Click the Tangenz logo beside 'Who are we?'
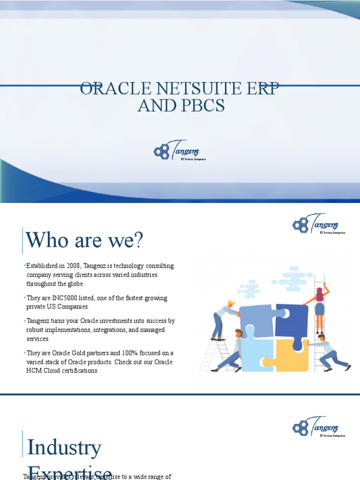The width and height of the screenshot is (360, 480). (x=319, y=225)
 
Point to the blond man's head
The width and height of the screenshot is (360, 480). (x=230, y=304)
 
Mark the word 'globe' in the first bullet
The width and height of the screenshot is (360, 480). (x=75, y=284)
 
